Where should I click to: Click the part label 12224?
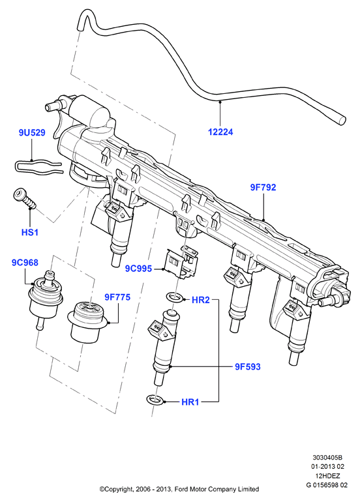(x=220, y=132)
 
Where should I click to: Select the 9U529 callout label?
(x=32, y=132)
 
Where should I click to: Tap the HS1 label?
(x=30, y=232)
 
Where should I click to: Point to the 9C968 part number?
(x=25, y=263)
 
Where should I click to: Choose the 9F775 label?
(x=117, y=297)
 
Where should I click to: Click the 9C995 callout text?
(x=138, y=269)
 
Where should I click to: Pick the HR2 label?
(x=200, y=300)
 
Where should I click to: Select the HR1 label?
(x=190, y=402)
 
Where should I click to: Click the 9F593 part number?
(x=248, y=366)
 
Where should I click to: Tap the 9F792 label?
(x=263, y=187)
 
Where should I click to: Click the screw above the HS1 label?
(x=25, y=198)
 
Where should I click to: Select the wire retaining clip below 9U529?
(x=37, y=168)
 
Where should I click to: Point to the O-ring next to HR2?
(x=175, y=297)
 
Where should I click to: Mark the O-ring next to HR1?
(x=156, y=399)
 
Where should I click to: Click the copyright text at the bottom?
(x=179, y=489)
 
